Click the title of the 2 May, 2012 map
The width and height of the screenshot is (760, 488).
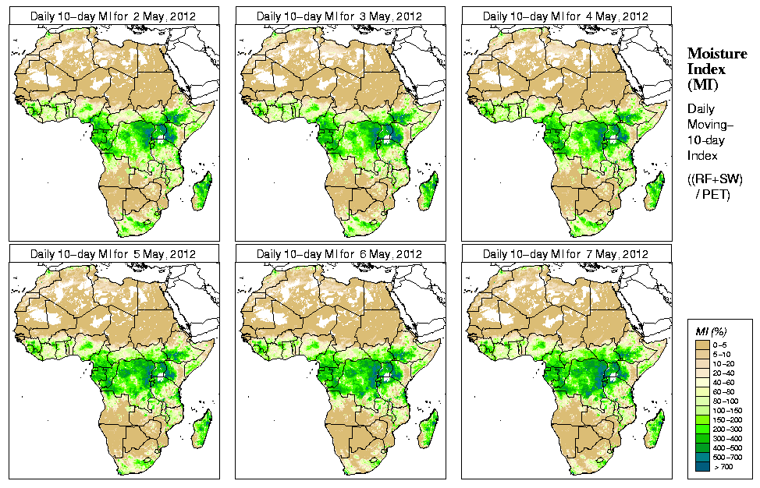(113, 16)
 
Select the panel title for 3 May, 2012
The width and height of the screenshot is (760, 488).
(339, 16)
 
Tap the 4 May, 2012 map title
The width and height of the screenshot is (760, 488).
(566, 16)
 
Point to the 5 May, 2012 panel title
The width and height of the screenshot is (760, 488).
(113, 254)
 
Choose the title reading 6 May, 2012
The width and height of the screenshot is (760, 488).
(339, 254)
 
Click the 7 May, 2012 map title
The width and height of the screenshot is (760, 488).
(566, 254)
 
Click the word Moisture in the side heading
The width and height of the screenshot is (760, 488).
(716, 53)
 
